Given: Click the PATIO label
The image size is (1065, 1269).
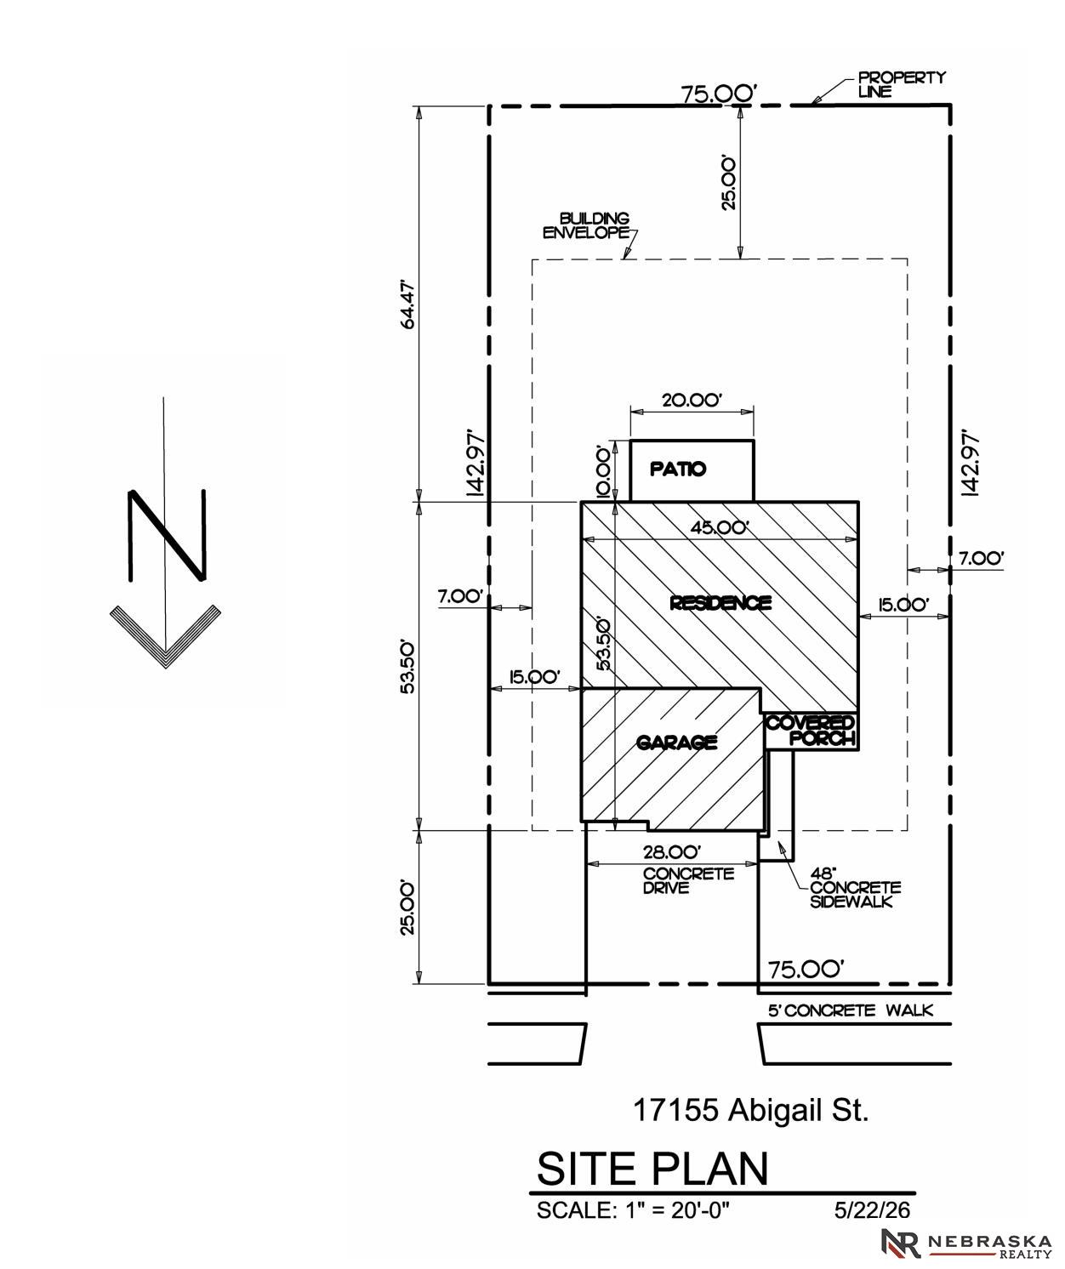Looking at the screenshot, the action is pos(678,469).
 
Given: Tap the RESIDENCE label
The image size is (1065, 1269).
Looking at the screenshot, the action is pos(720,603).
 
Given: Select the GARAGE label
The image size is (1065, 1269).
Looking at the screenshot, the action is pos(676,742).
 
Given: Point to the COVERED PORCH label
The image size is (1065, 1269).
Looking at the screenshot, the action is pos(811,731).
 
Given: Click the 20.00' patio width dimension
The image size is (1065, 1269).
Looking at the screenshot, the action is pos(692,400).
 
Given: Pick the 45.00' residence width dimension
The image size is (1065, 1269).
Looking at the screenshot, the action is pos(719,527).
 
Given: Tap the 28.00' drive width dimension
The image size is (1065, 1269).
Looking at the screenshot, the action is pos(672,852).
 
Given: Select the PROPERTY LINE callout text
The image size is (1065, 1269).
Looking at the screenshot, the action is pos(902,84).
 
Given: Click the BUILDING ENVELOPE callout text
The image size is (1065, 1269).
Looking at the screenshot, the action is pos(586,225).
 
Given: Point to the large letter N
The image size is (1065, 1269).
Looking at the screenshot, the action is pos(168,535).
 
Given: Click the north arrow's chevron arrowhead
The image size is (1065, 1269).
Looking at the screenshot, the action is pos(165,635).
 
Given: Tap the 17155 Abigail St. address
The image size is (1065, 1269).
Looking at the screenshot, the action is pos(751,1110).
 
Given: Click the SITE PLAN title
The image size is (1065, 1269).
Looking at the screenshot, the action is pos(652,1168).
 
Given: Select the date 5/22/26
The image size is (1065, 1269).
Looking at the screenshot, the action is pos(872,1209).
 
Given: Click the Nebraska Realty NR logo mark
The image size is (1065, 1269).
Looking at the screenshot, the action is pos(902,1243).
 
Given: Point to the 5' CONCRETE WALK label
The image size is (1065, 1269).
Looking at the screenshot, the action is pos(851,1010).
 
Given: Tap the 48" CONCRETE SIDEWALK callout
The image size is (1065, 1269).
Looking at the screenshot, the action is pos(855,888).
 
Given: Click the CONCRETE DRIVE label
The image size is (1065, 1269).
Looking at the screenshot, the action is pos(689,880).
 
